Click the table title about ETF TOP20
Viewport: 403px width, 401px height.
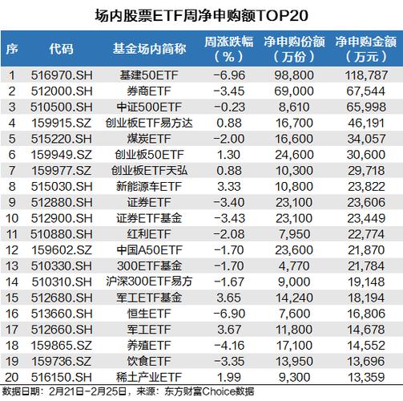pyautogui.click(x=202, y=15)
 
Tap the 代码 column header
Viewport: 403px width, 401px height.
pyautogui.click(x=61, y=49)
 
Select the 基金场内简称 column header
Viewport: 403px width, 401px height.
pyautogui.click(x=149, y=49)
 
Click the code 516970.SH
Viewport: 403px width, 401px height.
pyautogui.click(x=62, y=75)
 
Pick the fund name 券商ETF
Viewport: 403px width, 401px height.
pyautogui.click(x=149, y=91)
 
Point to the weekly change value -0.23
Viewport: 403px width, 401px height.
pyautogui.click(x=229, y=107)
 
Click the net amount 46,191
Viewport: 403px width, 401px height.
pyautogui.click(x=366, y=123)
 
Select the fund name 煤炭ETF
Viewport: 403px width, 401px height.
pyautogui.click(x=149, y=139)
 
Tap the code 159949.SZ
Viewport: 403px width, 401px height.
pyautogui.click(x=62, y=155)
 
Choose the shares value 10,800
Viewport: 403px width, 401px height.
pyautogui.click(x=294, y=187)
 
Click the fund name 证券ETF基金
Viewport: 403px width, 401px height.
pyautogui.click(x=149, y=218)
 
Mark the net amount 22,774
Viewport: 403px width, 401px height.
pyautogui.click(x=366, y=234)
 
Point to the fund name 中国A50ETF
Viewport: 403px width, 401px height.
pyautogui.click(x=149, y=250)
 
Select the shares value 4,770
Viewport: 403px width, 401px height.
pyautogui.click(x=294, y=266)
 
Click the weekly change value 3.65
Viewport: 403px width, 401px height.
pyautogui.click(x=229, y=298)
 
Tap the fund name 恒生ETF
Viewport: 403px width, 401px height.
pyautogui.click(x=149, y=314)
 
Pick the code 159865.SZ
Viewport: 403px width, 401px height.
pyautogui.click(x=62, y=346)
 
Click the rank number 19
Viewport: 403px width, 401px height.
pyautogui.click(x=12, y=362)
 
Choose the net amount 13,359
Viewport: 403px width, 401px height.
pyautogui.click(x=366, y=377)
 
